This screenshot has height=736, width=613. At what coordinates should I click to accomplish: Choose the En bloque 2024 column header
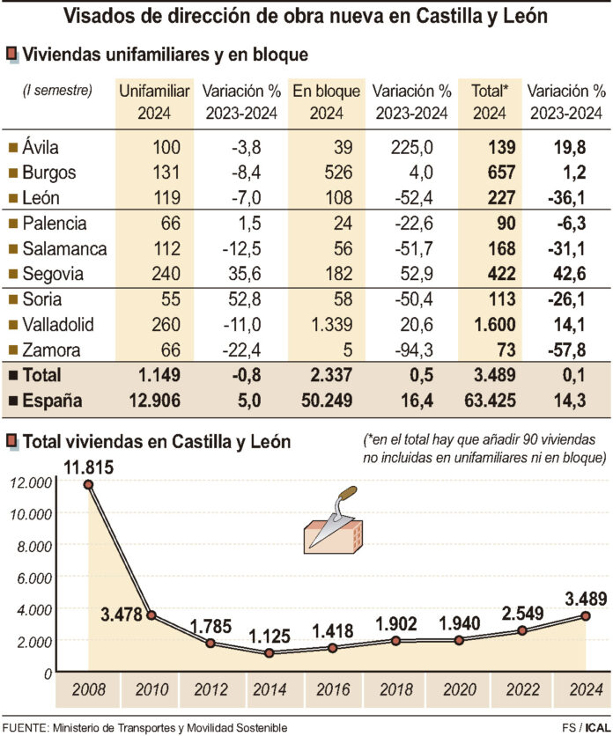pos(326,101)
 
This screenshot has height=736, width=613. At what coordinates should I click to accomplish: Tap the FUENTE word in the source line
pos(26,727)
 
